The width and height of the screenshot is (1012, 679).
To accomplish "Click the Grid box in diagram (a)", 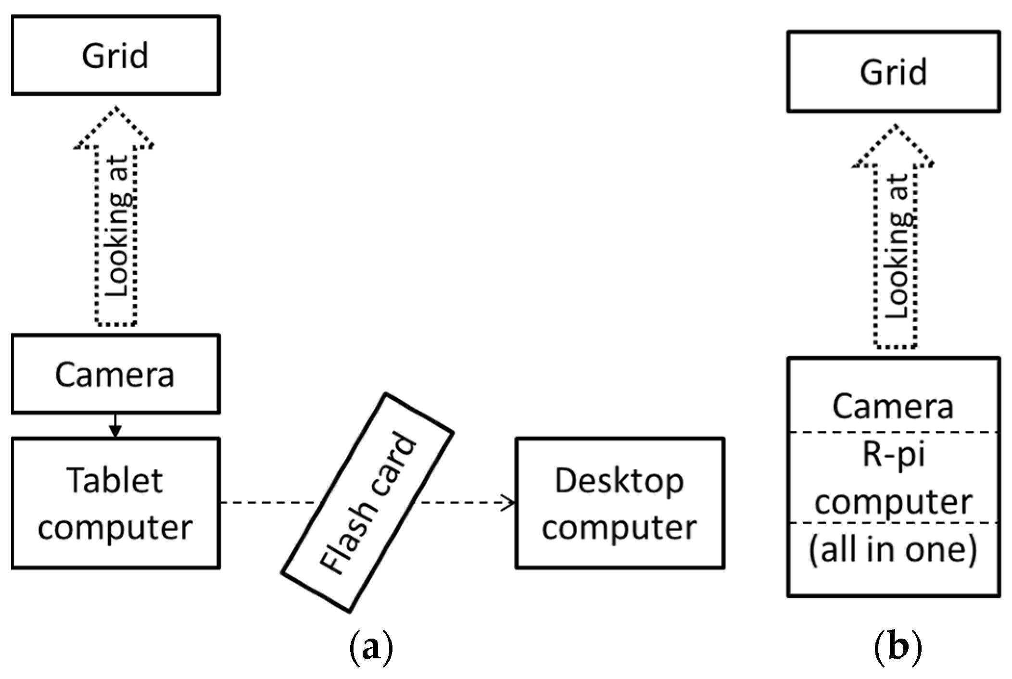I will coord(115,55).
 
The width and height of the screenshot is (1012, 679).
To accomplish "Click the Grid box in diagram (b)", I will coord(893,72).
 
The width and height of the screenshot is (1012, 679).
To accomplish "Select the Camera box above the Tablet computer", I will coord(115,374).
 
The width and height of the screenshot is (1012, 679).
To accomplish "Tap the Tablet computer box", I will coord(115,503).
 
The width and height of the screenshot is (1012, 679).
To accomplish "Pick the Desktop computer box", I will coord(620,503).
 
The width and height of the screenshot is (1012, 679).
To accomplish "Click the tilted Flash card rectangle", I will coord(367,503).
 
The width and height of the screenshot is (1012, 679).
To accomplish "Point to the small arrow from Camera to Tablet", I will coord(115,426).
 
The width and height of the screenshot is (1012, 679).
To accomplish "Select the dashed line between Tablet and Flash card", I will coord(269,503).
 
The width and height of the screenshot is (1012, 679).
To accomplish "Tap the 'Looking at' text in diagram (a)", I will coord(117,226).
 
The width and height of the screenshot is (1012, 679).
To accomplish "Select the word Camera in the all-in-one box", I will coord(893,407).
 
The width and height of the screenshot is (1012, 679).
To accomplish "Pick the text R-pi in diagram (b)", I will coord(893,454).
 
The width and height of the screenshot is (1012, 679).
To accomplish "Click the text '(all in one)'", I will coord(893,550).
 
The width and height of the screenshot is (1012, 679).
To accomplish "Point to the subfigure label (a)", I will coord(371,648).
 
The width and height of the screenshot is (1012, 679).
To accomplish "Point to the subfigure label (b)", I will coord(897,648).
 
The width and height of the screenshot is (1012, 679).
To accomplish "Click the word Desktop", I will coord(619,481).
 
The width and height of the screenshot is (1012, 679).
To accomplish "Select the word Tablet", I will coord(115,481).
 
